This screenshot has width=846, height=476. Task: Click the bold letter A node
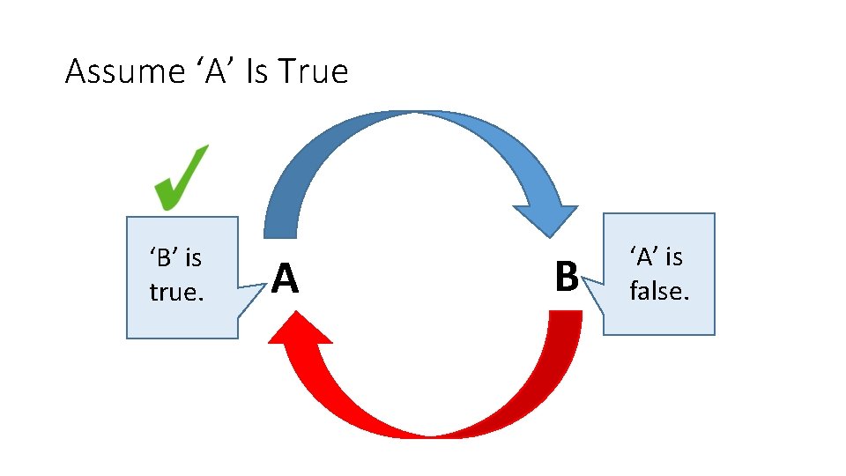284,279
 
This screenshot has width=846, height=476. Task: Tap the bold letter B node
566,276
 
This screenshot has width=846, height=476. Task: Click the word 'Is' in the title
256,71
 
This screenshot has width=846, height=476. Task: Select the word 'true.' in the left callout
176,292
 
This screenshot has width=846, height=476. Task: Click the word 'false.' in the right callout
658,290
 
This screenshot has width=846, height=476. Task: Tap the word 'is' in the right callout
674,257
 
